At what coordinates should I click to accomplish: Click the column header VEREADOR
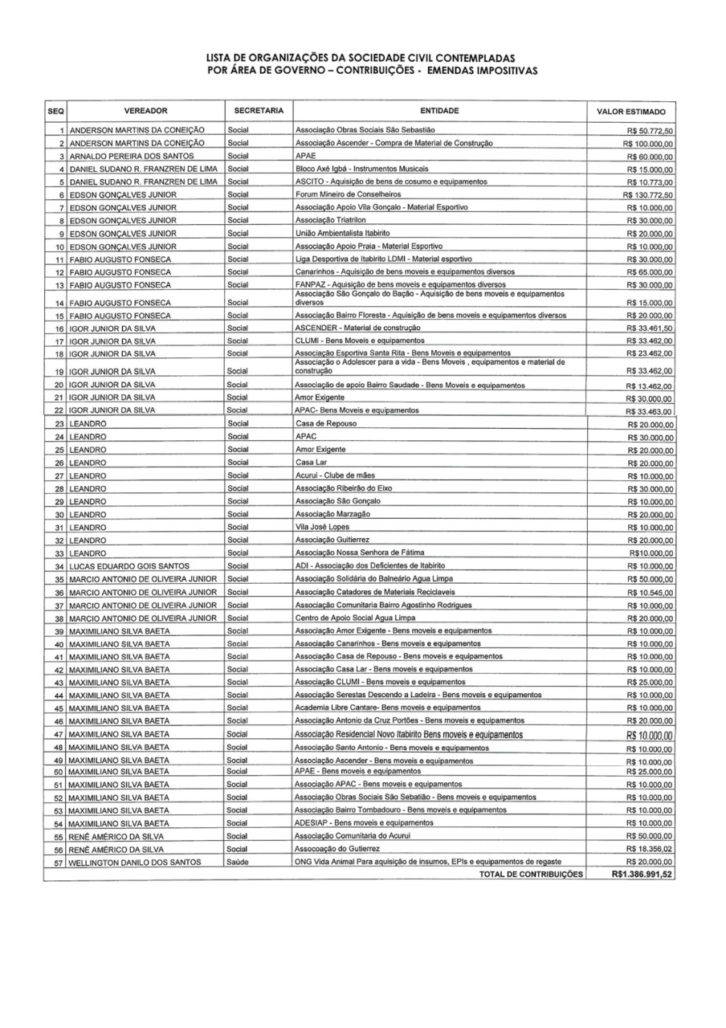[x=145, y=110]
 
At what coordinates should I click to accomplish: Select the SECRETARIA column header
[x=259, y=110]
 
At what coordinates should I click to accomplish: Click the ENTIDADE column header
[x=439, y=110]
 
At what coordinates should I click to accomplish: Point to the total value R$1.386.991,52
[x=642, y=875]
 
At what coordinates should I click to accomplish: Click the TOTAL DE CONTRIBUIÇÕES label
[x=530, y=875]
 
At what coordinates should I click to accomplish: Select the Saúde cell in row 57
[x=239, y=862]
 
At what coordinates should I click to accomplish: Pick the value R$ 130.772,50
[x=648, y=195]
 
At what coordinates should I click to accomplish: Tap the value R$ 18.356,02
[x=650, y=849]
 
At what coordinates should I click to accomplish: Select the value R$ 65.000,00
[x=650, y=273]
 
